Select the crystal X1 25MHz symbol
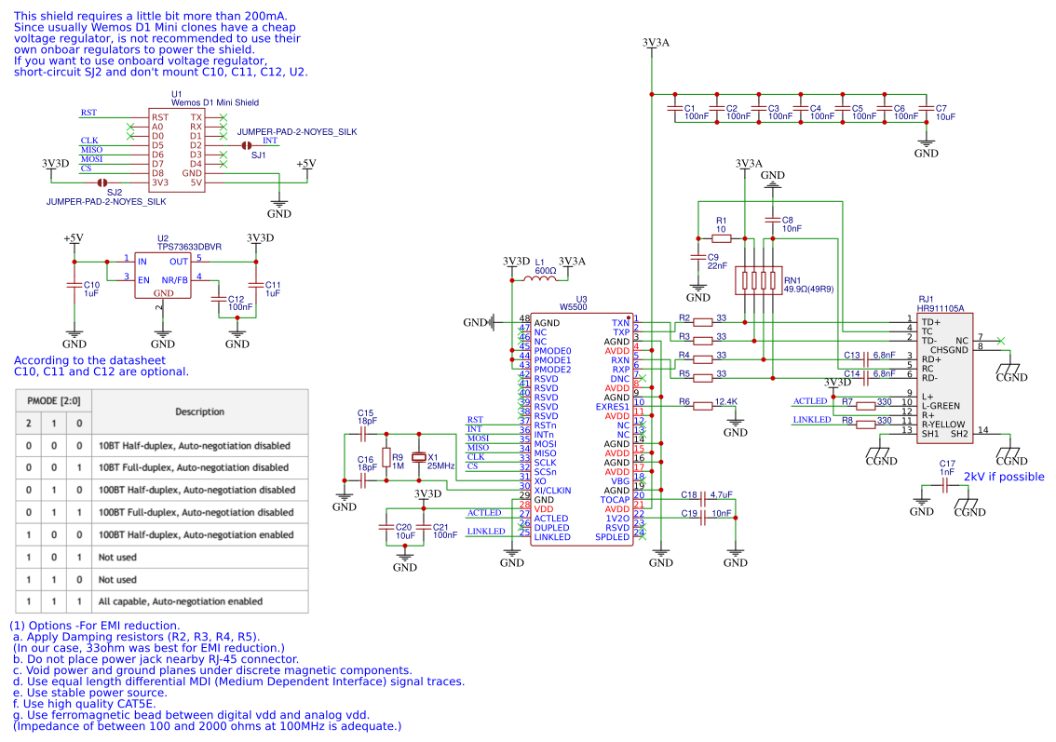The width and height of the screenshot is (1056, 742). [x=420, y=457]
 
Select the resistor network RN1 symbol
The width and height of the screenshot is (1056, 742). [x=755, y=280]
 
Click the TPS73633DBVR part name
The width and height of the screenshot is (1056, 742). [x=189, y=247]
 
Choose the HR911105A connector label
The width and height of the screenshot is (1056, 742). [x=940, y=308]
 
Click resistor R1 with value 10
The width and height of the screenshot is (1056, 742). [x=721, y=237]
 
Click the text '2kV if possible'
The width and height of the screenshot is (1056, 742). [x=1003, y=477]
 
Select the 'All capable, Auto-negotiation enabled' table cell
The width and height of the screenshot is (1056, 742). [x=180, y=601]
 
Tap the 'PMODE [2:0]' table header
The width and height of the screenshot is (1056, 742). [x=53, y=400]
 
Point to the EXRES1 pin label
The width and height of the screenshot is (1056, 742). [x=613, y=407]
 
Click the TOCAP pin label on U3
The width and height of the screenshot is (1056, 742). [x=615, y=500]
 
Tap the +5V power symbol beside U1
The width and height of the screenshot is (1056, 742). [x=305, y=165]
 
